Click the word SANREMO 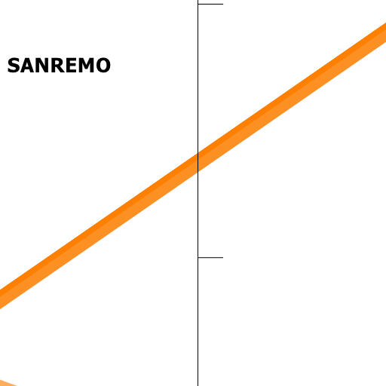pos(59,66)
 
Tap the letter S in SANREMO pos(14,66)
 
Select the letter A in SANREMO pos(28,66)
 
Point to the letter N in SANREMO pos(44,66)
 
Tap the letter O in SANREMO pos(103,66)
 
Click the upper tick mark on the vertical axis pos(210,4)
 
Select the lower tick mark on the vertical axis pos(210,257)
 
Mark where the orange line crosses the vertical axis pos(198,162)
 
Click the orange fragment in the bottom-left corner pos(8,384)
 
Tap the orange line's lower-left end pos(0,299)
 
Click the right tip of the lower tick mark pos(223,257)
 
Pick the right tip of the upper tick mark pos(223,4)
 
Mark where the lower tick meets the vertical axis pos(198,257)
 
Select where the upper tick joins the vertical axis pos(198,4)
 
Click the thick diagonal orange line pos(193,166)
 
